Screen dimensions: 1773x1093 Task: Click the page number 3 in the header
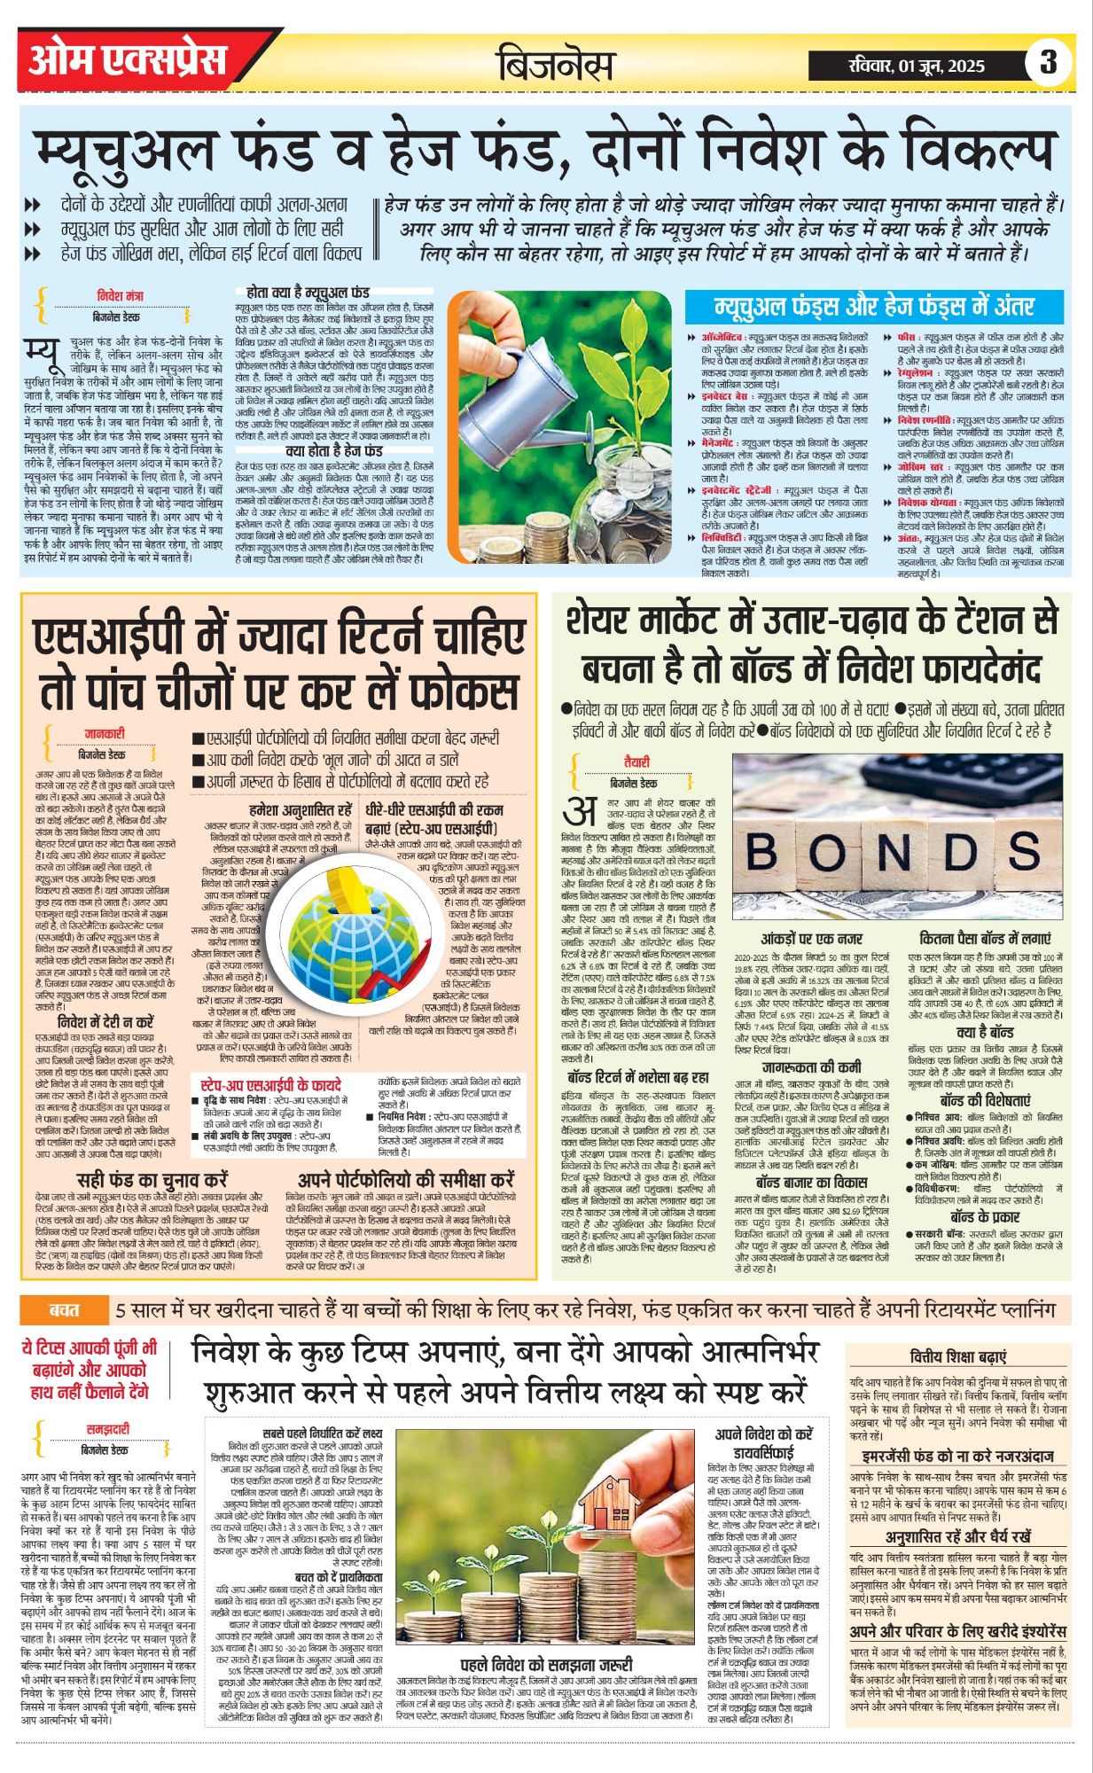[x=1048, y=62]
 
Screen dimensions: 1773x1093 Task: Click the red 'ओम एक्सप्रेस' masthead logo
[x=127, y=59]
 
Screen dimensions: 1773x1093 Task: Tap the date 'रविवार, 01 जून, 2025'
[x=916, y=65]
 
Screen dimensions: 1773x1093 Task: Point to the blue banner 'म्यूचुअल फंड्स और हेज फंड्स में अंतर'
[x=874, y=307]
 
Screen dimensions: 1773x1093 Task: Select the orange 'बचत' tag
[x=65, y=1308]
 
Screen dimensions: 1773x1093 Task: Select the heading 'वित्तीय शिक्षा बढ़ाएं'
[x=958, y=1357]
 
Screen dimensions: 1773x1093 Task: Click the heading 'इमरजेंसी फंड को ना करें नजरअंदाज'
[x=957, y=1457]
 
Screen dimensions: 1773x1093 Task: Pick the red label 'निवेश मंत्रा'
[x=120, y=295]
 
